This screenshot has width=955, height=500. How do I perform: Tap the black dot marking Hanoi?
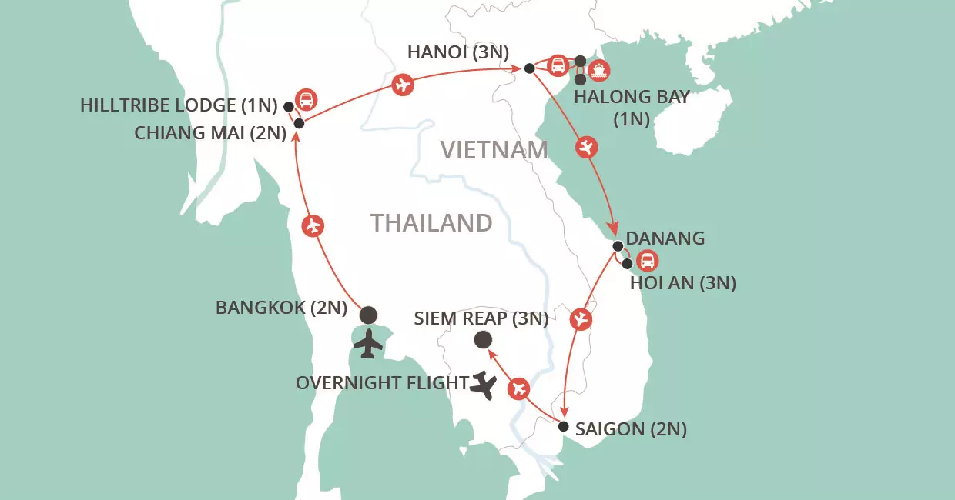[x=529, y=68]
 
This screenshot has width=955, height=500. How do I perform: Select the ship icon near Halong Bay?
[x=599, y=71]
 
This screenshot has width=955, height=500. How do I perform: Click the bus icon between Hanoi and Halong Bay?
[x=558, y=65]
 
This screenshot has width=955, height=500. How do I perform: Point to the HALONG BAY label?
[x=632, y=98]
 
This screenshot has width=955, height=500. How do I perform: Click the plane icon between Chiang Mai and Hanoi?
[x=402, y=85]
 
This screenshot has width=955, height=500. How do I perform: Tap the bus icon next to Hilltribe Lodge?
[x=307, y=100]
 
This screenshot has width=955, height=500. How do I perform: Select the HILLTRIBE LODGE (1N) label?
[x=178, y=106]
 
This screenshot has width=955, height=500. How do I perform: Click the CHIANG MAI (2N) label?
[x=210, y=132]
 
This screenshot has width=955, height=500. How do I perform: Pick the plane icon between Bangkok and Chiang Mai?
[x=312, y=226]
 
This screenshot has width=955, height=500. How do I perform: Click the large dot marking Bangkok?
[x=369, y=314]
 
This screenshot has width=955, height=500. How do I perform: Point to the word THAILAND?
[x=431, y=223]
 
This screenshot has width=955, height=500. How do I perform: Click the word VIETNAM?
[x=494, y=150]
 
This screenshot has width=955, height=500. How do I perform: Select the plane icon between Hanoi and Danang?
[x=587, y=147]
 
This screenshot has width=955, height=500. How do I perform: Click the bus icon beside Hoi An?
[x=648, y=261]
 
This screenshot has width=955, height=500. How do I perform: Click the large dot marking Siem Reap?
[x=483, y=339]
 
